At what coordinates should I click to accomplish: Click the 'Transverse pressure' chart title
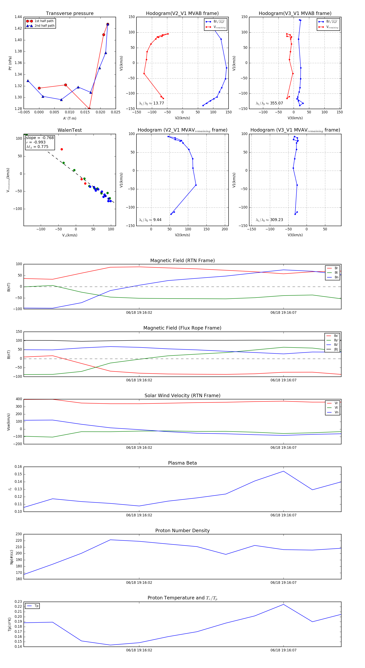click(70, 14)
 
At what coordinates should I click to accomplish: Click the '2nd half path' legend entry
click(44, 26)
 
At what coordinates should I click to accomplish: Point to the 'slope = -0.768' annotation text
click(40, 138)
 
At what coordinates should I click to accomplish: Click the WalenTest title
click(70, 130)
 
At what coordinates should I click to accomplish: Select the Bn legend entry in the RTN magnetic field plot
click(336, 277)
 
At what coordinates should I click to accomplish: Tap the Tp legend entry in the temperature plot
click(36, 606)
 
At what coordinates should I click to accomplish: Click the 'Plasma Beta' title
click(182, 463)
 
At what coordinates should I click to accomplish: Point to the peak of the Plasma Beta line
click(283, 471)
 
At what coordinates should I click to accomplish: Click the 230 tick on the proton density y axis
click(19, 534)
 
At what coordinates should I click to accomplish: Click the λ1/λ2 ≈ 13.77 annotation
click(151, 103)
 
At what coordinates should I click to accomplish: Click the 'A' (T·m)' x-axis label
click(70, 118)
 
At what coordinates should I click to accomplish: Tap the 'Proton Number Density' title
click(182, 531)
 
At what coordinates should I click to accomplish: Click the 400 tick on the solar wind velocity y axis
click(19, 399)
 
